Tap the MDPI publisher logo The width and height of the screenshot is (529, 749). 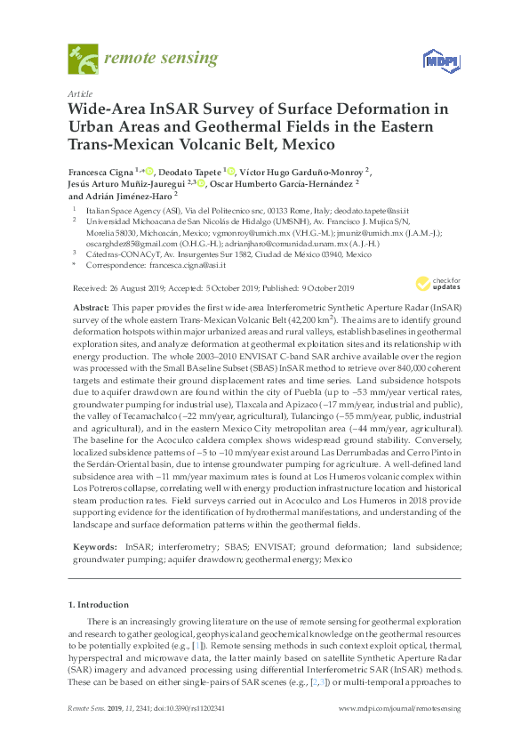(x=438, y=60)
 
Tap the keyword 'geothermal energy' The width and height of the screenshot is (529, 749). (x=279, y=560)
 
